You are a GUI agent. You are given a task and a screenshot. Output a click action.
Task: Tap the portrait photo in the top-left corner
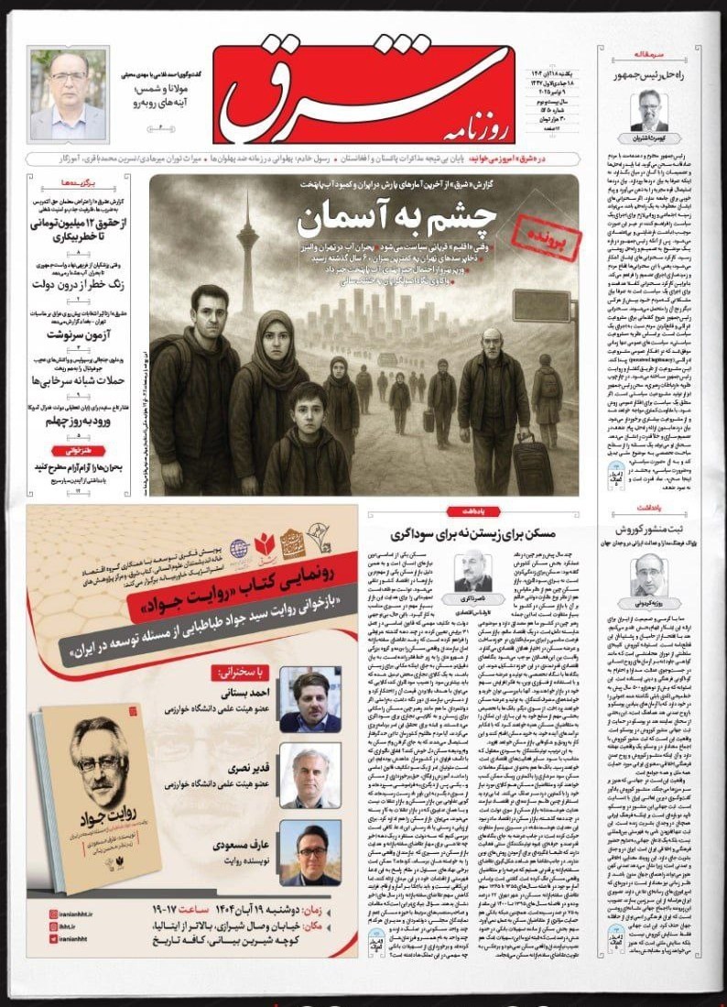point(68,94)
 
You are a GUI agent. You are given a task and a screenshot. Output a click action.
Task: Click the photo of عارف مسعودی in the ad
point(309,851)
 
